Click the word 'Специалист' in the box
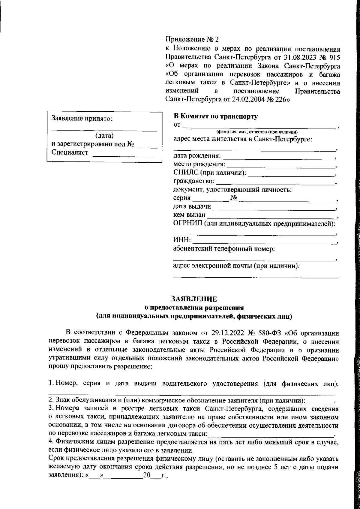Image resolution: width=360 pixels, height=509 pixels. (70, 152)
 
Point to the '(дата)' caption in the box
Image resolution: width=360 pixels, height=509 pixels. (104, 136)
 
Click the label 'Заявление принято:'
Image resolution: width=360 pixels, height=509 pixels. (82, 119)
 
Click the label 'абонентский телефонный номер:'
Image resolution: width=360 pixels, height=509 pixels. (224, 249)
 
